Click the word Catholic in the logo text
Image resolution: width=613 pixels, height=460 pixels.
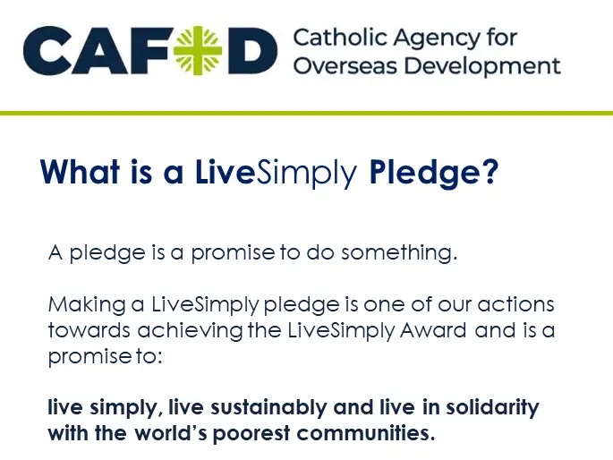tap(332, 38)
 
